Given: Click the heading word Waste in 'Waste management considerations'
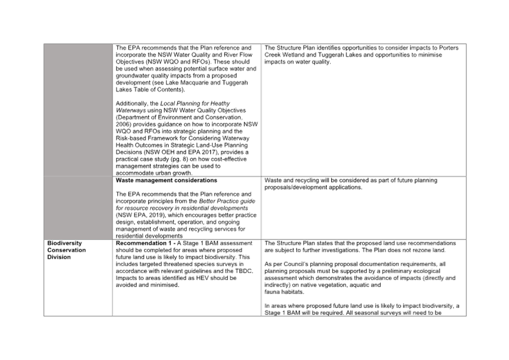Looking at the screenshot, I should click(x=123, y=181).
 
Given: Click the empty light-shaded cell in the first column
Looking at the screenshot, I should click(x=78, y=140).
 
